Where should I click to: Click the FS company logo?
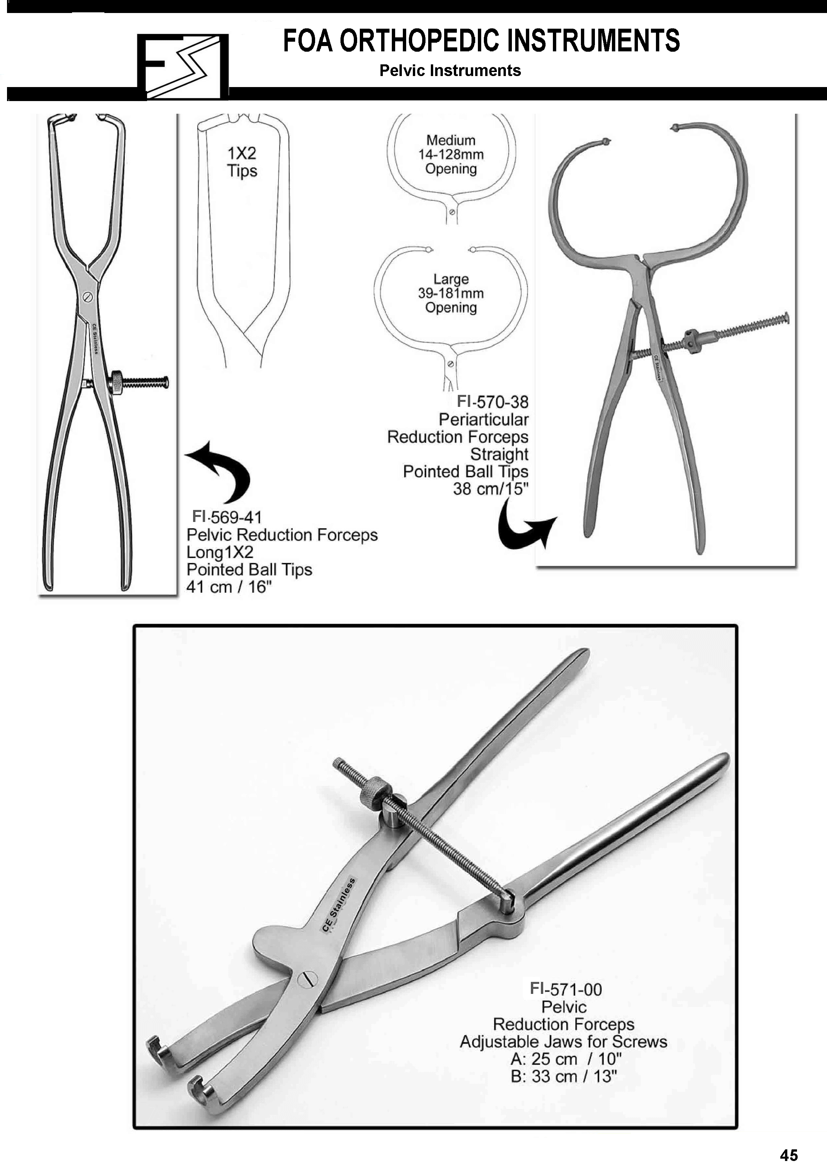(x=183, y=67)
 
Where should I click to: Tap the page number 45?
(x=788, y=1154)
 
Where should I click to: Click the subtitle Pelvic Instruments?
(x=450, y=70)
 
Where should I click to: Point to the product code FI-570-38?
(x=493, y=402)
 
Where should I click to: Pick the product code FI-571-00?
(x=566, y=989)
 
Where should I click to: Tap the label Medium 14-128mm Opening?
(x=451, y=154)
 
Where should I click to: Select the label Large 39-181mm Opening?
(x=451, y=293)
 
